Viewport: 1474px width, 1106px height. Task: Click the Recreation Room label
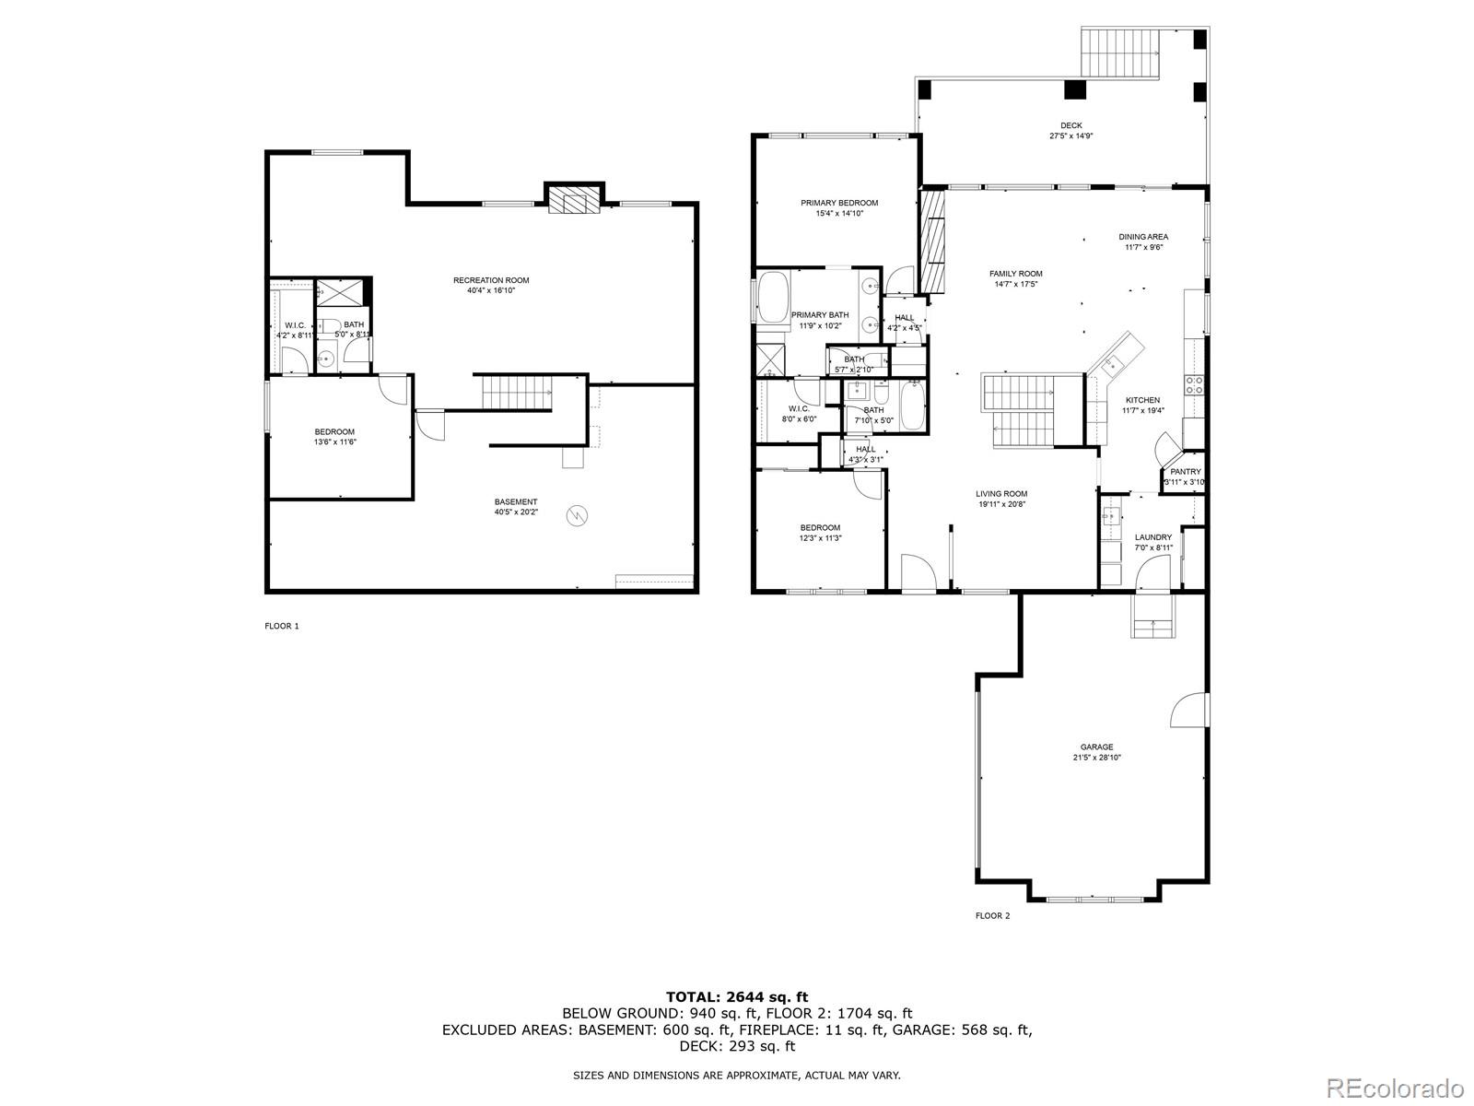[x=491, y=280]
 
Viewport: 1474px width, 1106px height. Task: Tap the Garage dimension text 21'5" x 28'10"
[x=1096, y=758]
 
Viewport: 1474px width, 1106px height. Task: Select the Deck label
[x=1070, y=125]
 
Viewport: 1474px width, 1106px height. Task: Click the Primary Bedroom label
[x=838, y=203]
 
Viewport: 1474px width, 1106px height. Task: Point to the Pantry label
[x=1185, y=472]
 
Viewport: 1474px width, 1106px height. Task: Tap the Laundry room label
[x=1152, y=537]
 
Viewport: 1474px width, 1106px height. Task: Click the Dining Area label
[x=1144, y=237]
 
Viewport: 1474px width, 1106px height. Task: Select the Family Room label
[x=1015, y=274]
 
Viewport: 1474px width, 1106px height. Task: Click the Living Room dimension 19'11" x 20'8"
[x=1001, y=504]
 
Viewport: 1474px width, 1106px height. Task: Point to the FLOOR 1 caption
[x=282, y=626]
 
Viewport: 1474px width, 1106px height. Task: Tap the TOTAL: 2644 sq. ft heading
[x=736, y=996]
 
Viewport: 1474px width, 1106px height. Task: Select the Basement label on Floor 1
[x=515, y=502]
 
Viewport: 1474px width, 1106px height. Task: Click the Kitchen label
[x=1142, y=400]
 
